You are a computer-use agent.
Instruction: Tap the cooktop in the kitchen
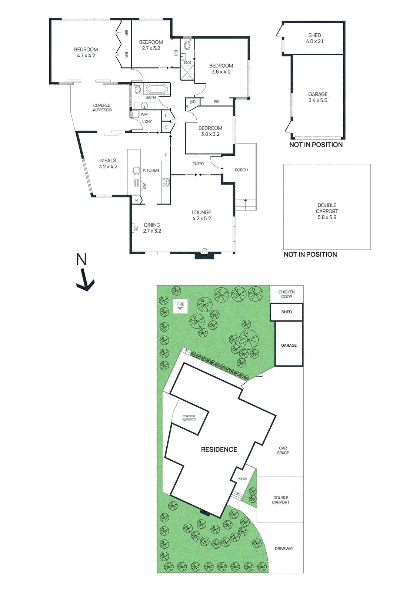(166, 183)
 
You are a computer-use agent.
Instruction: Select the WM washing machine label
(144, 114)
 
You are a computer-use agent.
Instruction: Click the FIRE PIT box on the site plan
(180, 306)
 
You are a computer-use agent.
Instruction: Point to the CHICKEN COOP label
(286, 294)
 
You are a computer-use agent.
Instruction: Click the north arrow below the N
(85, 280)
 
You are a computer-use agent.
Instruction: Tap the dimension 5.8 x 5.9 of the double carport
(327, 217)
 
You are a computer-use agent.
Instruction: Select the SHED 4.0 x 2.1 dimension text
(314, 41)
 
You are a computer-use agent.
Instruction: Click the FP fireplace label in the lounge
(204, 250)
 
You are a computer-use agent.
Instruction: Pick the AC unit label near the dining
(136, 228)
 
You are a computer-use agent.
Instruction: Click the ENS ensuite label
(187, 63)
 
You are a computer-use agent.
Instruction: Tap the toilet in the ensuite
(187, 45)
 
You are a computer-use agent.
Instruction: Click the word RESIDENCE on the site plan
(219, 449)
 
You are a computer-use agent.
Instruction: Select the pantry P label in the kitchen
(137, 200)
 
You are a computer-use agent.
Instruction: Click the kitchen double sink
(136, 174)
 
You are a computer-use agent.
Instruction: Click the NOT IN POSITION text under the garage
(316, 145)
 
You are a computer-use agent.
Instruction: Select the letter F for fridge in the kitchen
(166, 155)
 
